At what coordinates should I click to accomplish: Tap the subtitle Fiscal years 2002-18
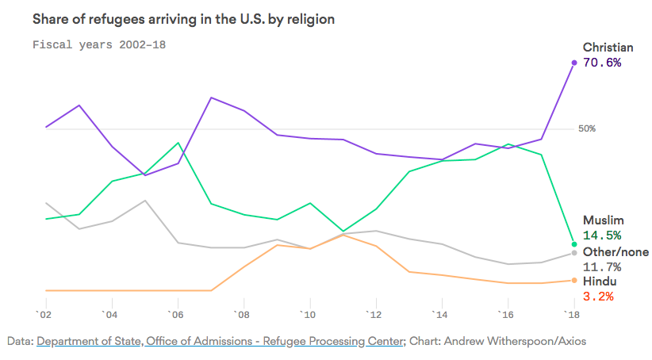[x=98, y=44]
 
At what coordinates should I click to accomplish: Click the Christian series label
[x=608, y=48]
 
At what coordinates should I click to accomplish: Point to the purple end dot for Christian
[x=573, y=62]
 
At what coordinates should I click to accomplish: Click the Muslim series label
[x=604, y=220]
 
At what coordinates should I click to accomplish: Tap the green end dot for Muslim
[x=573, y=243]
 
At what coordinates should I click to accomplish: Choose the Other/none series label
[x=616, y=252]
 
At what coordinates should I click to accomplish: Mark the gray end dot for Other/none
[x=573, y=253]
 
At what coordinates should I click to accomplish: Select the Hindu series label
[x=600, y=281]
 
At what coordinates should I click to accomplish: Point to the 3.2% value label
[x=598, y=297]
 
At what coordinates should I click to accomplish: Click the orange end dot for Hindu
[x=573, y=280]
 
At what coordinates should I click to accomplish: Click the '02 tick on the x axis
[x=44, y=315]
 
